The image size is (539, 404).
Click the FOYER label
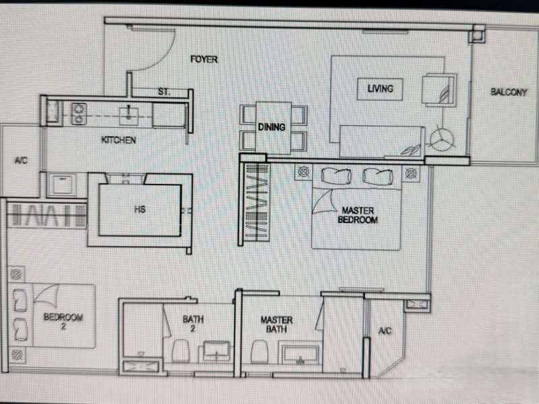pyautogui.click(x=204, y=59)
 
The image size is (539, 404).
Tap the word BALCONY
pyautogui.click(x=509, y=92)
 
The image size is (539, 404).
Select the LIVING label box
pyautogui.click(x=380, y=89)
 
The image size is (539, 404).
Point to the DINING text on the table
pyautogui.click(x=272, y=127)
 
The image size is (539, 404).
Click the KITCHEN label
pyautogui.click(x=119, y=140)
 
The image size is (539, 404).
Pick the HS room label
pyautogui.click(x=140, y=209)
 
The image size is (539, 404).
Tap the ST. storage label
pyautogui.click(x=164, y=92)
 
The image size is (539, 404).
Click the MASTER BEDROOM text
pyautogui.click(x=358, y=215)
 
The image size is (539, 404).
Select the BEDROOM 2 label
pyautogui.click(x=63, y=322)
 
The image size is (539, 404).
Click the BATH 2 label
pyautogui.click(x=193, y=324)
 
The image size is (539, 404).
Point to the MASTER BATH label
pyautogui.click(x=276, y=325)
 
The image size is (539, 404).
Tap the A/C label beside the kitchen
pyautogui.click(x=21, y=160)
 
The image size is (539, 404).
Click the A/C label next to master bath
pyautogui.click(x=385, y=331)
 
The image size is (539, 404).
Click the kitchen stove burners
pyautogui.click(x=79, y=114)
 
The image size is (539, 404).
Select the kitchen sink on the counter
pyautogui.click(x=129, y=116)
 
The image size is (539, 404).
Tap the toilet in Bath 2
pyautogui.click(x=181, y=351)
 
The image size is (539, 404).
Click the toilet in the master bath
pyautogui.click(x=260, y=351)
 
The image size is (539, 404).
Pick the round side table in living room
pyautogui.click(x=442, y=139)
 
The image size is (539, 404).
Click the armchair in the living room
pyautogui.click(x=439, y=90)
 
